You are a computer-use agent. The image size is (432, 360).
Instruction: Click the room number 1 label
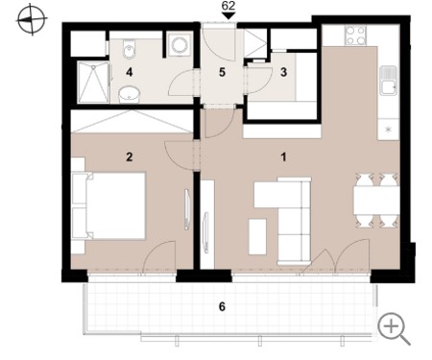click(283, 157)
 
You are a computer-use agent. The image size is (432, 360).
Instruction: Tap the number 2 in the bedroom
click(129, 157)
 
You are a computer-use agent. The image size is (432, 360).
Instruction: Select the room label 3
click(283, 72)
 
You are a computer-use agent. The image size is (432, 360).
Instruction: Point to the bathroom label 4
click(129, 72)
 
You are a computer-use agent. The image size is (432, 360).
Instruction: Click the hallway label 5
click(222, 72)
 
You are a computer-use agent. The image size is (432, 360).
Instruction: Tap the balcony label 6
click(222, 307)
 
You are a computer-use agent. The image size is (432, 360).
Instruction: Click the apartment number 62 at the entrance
click(228, 6)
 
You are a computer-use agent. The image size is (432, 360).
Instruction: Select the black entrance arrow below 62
click(228, 16)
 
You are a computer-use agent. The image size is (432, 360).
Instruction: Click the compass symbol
click(32, 20)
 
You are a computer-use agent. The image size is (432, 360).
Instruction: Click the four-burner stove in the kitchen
click(356, 36)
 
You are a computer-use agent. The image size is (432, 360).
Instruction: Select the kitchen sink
click(389, 81)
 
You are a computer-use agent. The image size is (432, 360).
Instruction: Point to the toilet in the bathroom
click(129, 49)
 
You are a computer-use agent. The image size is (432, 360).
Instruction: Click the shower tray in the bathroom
click(94, 83)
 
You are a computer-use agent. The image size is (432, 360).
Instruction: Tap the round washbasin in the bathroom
click(130, 95)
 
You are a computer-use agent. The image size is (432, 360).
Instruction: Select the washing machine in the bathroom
click(179, 45)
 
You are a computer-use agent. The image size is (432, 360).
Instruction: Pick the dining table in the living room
click(376, 201)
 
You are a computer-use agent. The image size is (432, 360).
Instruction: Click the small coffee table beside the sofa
click(257, 237)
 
